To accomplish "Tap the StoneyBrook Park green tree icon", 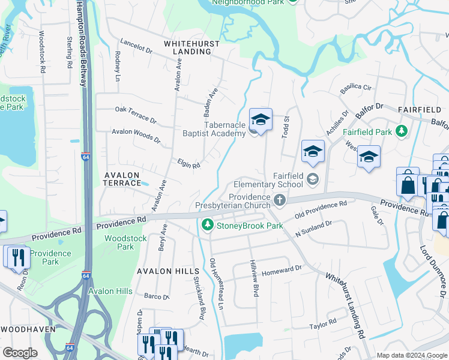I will [208, 226].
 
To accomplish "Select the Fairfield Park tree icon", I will [400, 131].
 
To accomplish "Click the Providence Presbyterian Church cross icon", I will [279, 199].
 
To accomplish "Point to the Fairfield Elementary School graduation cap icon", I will [312, 178].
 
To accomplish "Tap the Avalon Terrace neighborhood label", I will [122, 178].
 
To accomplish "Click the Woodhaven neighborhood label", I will [28, 329].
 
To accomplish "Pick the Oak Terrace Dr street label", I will [135, 112].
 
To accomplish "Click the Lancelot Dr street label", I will [137, 46].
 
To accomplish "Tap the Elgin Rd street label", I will [188, 163].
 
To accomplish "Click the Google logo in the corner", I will [20, 353].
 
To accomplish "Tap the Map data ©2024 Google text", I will [411, 355].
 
